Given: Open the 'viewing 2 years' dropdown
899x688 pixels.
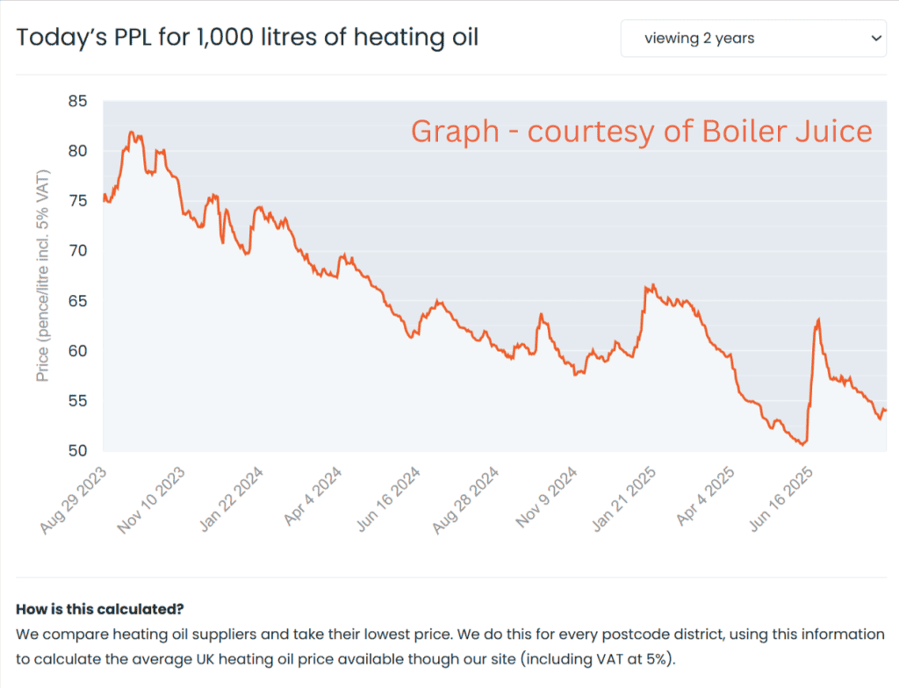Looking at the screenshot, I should (x=752, y=39).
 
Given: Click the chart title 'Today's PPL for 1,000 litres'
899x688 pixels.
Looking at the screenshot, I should (x=247, y=39).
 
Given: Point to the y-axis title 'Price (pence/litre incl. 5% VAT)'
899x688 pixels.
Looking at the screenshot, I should (x=42, y=276).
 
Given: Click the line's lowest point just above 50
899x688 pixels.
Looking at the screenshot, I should (x=802, y=444).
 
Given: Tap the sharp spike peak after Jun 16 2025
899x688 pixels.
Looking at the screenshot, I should (x=818, y=319).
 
